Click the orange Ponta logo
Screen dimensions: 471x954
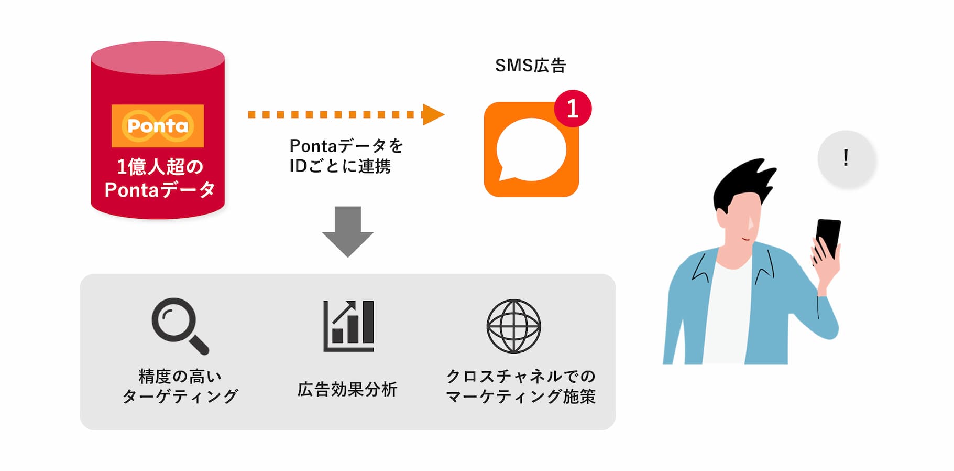(158, 126)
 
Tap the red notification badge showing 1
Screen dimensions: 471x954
(573, 109)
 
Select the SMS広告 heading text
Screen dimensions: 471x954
(530, 66)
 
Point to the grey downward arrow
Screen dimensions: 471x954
(347, 231)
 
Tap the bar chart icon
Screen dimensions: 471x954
(348, 326)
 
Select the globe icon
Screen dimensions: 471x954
(513, 326)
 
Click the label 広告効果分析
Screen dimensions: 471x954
(347, 389)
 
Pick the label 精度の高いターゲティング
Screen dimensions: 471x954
(180, 386)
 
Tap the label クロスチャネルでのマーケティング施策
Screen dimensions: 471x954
(521, 386)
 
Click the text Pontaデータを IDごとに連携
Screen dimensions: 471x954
(346, 156)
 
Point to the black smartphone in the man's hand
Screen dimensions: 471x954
(828, 238)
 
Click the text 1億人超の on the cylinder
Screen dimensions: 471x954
(160, 167)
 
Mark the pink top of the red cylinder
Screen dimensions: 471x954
(158, 58)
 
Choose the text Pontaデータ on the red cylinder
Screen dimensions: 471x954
(160, 190)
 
